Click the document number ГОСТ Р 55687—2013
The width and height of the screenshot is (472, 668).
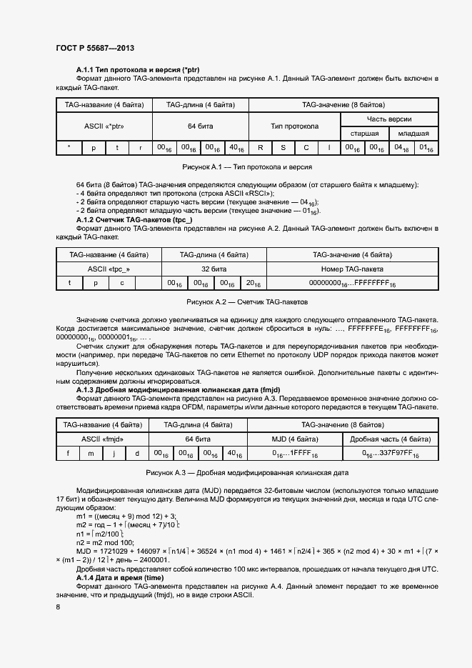tap(95, 48)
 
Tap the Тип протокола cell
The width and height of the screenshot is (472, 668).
tap(294, 126)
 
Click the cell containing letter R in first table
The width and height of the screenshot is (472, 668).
tap(261, 148)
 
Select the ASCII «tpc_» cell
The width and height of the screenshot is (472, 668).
tap(109, 269)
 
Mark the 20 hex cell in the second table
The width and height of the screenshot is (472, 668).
tap(252, 284)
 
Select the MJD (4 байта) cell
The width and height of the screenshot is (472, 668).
tap(294, 439)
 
